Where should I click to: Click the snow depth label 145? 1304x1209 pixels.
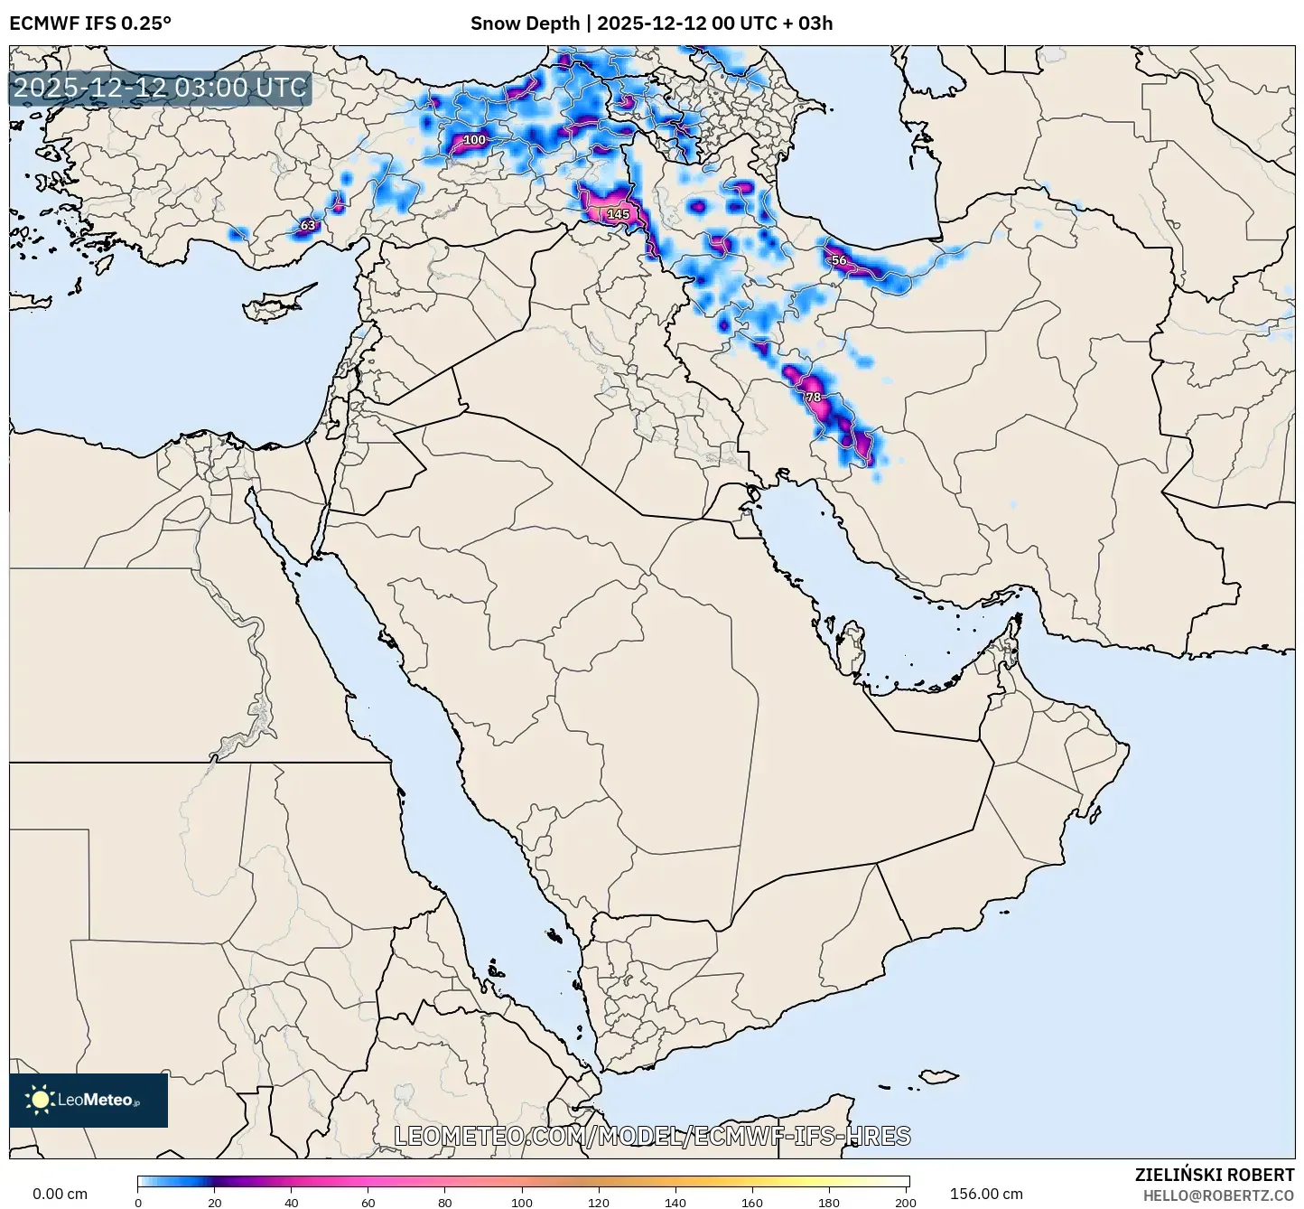point(619,214)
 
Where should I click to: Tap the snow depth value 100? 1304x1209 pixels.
point(474,140)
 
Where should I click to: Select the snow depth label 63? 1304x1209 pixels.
point(308,225)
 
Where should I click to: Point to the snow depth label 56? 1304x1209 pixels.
point(839,260)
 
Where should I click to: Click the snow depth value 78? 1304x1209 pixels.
point(814,398)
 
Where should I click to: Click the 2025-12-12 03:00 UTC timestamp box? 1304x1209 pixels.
point(160,88)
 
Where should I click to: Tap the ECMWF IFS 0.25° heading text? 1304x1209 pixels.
point(90,23)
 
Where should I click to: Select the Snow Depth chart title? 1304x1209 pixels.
point(651,23)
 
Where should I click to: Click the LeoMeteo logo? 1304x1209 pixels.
point(88,1100)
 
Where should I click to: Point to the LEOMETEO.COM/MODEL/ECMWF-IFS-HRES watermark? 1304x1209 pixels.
point(652,1136)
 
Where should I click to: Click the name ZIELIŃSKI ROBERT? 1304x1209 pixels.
point(1214,1175)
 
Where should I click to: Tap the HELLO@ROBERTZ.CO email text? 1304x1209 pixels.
point(1218,1195)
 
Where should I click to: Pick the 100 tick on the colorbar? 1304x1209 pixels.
point(522,1202)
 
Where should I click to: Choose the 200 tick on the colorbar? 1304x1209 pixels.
point(906,1202)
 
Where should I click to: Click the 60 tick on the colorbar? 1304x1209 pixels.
point(368,1202)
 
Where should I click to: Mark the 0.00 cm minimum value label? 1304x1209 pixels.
point(61,1194)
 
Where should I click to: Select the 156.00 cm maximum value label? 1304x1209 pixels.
point(986,1194)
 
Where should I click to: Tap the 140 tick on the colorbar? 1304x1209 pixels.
point(675,1202)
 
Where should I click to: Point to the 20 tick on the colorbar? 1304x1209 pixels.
point(215,1202)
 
